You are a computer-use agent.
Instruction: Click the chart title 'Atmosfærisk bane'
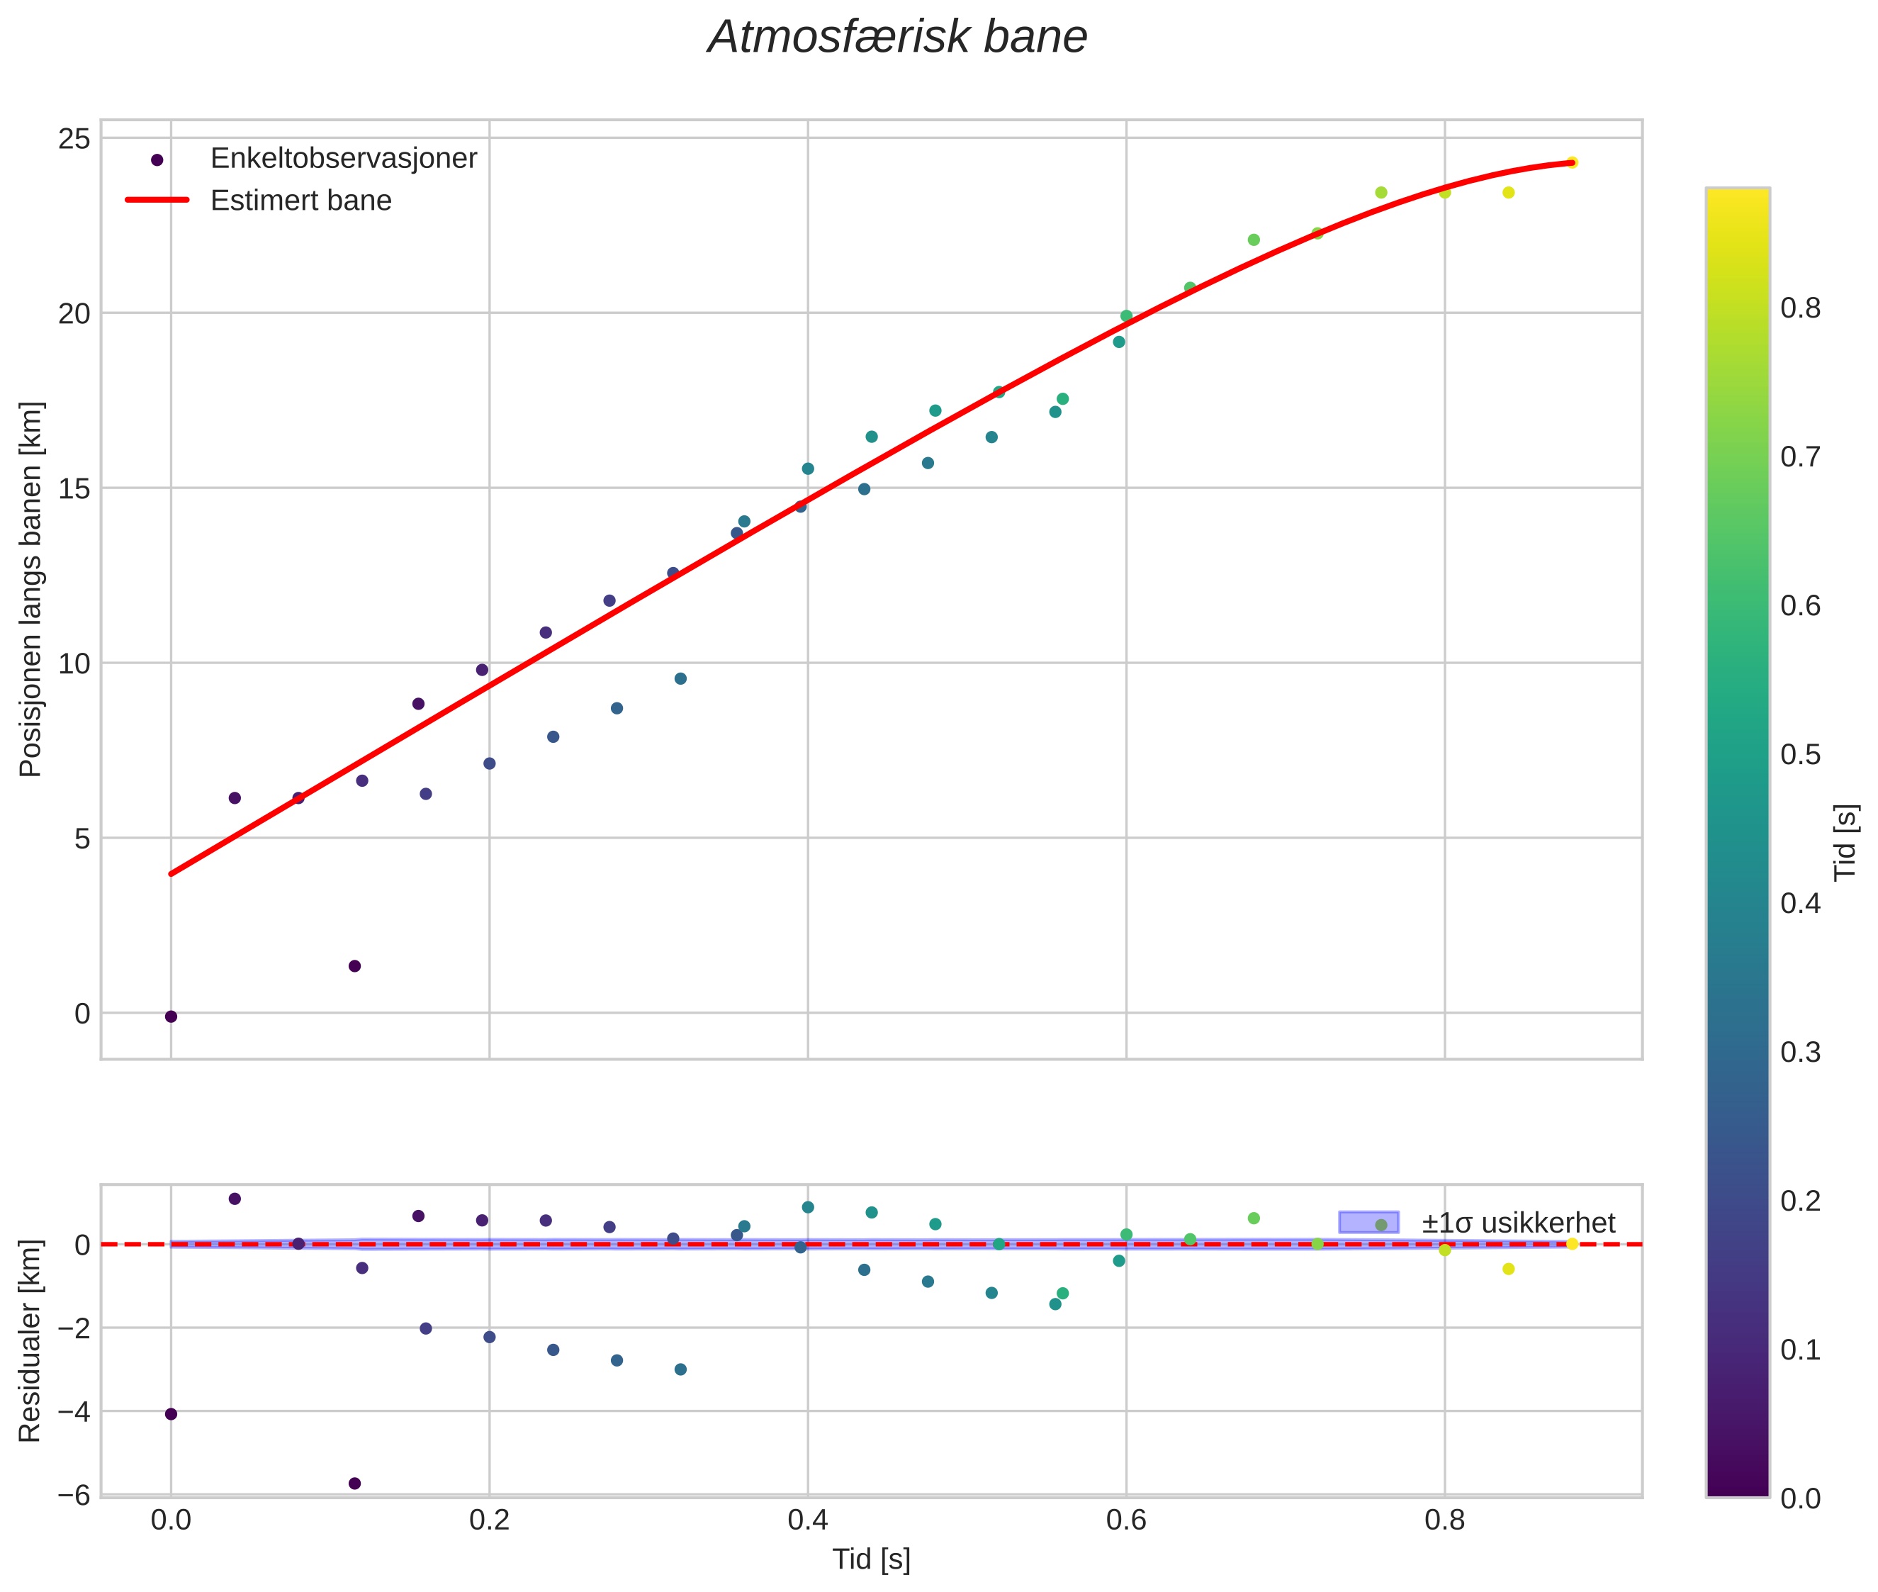(x=897, y=38)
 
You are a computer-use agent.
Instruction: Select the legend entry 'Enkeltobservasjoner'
(x=343, y=158)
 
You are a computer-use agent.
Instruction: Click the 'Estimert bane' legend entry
(x=300, y=201)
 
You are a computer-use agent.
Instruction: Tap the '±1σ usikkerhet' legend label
(x=1518, y=1223)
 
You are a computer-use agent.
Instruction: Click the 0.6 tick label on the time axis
(x=1125, y=1520)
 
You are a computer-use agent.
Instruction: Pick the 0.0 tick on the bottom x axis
(x=171, y=1520)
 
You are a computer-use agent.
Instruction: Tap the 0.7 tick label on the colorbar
(x=1799, y=456)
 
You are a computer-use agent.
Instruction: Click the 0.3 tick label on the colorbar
(x=1799, y=1053)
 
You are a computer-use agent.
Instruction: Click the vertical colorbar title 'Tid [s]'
(x=1846, y=841)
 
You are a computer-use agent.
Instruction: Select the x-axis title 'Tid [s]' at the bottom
(x=871, y=1559)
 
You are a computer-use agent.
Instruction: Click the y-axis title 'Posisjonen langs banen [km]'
(x=30, y=589)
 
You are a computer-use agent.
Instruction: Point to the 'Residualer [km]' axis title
(x=30, y=1342)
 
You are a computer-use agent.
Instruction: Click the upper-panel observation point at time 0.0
(x=171, y=1017)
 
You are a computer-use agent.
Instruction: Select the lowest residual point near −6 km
(x=354, y=1484)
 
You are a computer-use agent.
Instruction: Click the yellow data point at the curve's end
(x=1571, y=162)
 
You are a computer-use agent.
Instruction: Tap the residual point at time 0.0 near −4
(x=171, y=1414)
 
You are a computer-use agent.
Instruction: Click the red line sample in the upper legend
(x=157, y=201)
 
